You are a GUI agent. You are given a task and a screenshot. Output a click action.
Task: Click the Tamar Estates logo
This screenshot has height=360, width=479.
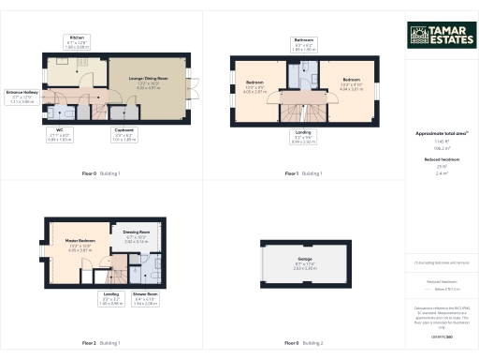click(x=440, y=35)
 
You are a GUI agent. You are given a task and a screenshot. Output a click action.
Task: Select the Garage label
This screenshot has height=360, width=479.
click(x=305, y=258)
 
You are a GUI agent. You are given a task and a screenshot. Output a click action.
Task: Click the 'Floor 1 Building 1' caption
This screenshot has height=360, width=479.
click(x=304, y=174)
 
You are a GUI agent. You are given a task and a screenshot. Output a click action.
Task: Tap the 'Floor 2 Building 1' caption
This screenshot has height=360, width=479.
click(x=101, y=343)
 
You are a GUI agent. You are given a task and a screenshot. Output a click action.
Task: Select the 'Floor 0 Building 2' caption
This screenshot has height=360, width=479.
click(x=304, y=343)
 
